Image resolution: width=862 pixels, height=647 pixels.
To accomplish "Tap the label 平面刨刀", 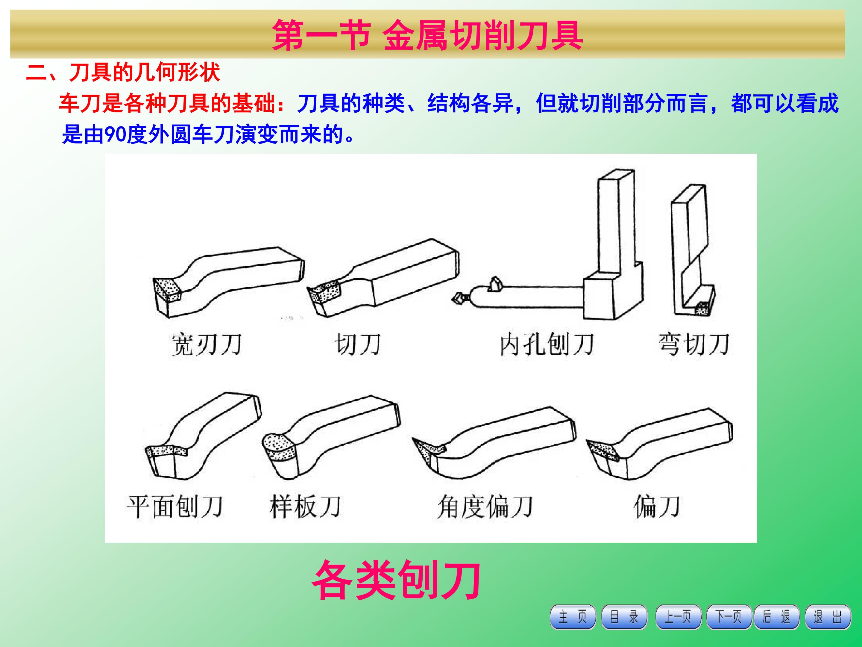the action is tap(175, 507).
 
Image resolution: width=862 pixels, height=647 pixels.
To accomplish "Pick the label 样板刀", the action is tap(305, 507).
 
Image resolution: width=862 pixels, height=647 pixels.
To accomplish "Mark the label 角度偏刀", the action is tap(485, 507).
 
